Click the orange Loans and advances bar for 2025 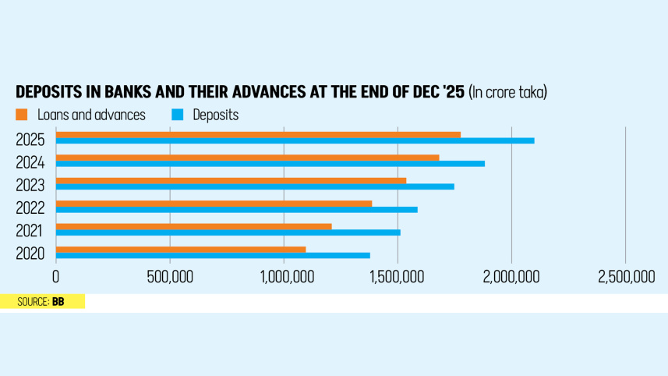coord(257,135)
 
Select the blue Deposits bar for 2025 coord(295,140)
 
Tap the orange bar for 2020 coord(180,250)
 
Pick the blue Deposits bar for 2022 coord(236,209)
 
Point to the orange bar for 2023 coord(231,181)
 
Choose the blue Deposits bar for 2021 coord(228,232)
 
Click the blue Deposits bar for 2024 coord(270,164)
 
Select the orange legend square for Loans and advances coord(22,115)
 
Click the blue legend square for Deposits coord(177,115)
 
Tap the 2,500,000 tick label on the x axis coord(626,277)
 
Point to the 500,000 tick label coord(170,277)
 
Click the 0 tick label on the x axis coord(55,277)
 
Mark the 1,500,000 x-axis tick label coord(398,277)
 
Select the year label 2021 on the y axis coord(30,230)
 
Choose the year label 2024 coord(30,162)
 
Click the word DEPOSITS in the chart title coord(47,92)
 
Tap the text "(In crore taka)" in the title coord(507,92)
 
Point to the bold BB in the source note coord(58,301)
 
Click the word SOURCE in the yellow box coord(33,301)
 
